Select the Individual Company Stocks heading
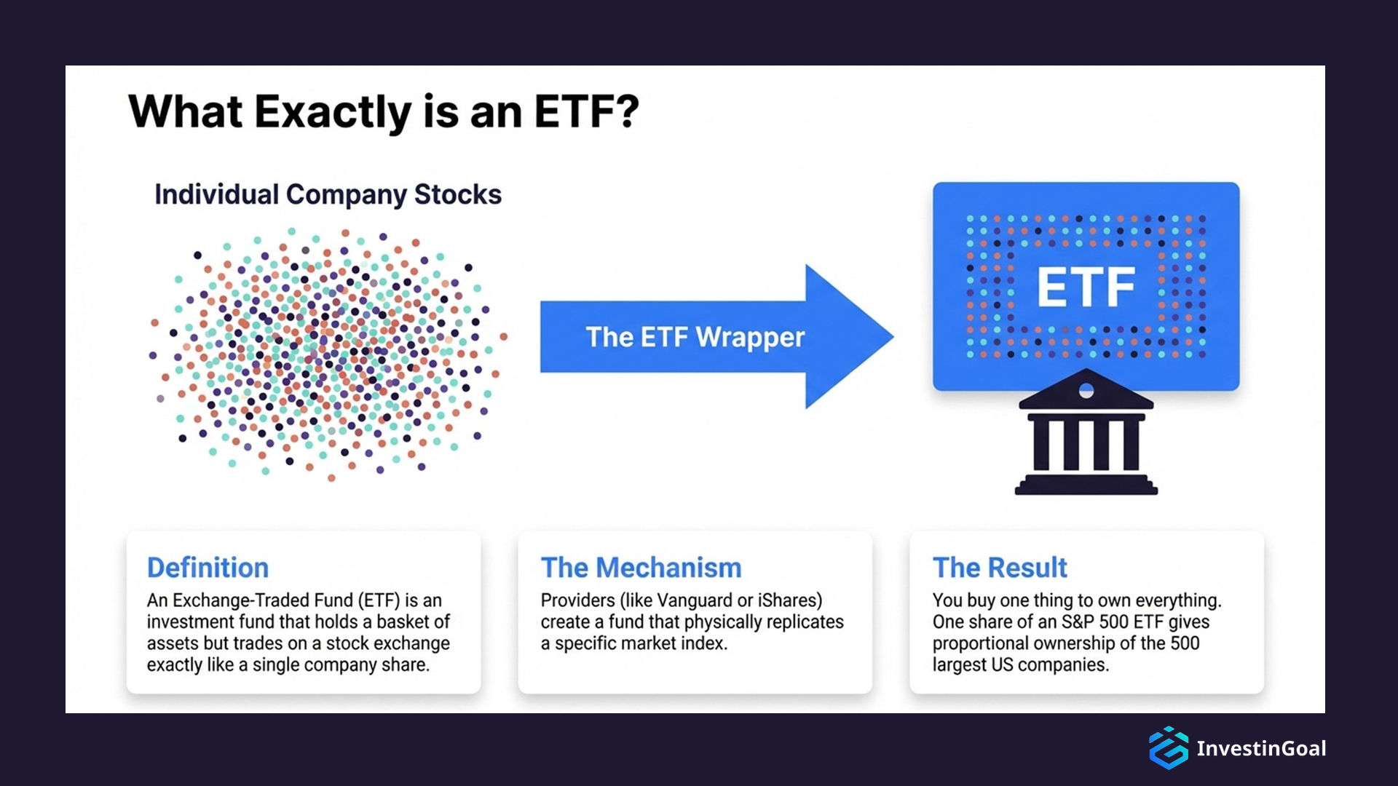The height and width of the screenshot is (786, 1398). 328,194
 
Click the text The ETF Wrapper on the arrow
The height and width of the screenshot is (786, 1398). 695,337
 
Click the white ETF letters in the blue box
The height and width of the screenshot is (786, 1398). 1086,287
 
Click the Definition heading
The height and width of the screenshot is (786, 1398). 208,568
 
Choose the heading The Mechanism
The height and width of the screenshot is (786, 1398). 641,568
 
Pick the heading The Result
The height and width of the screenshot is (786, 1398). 1000,568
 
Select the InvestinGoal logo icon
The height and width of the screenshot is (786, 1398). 1168,747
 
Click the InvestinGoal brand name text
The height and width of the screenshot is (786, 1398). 1261,748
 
